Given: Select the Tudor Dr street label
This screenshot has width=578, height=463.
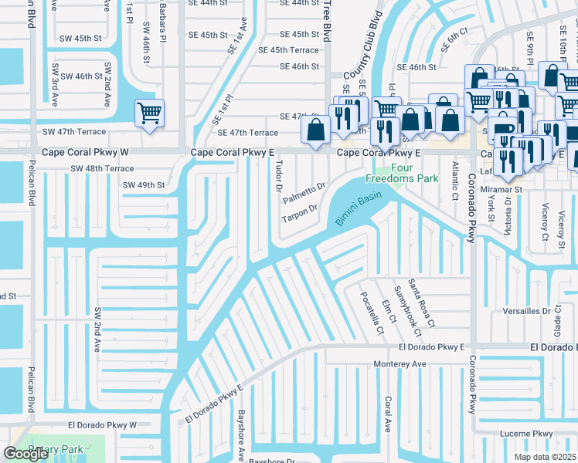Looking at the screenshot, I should pos(277,174).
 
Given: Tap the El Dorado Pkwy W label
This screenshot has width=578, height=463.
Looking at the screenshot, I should pos(101,424).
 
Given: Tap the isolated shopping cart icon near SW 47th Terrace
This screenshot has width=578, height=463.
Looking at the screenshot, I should pos(149,113).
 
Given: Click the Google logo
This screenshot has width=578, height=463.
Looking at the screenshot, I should pos(25,454).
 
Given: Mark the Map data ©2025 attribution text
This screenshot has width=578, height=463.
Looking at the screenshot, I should pos(544,457).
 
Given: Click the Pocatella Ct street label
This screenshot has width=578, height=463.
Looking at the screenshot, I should pos(370,313).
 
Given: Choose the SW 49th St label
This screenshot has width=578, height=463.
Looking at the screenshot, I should pos(143,185).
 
